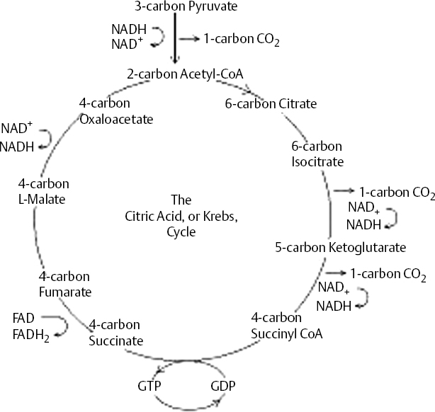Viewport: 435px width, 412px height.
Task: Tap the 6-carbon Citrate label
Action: pos(271,103)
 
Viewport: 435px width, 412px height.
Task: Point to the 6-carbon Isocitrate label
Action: pos(317,154)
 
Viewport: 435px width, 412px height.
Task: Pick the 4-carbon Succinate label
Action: pos(116,333)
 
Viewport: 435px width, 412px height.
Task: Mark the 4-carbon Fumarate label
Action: pos(66,283)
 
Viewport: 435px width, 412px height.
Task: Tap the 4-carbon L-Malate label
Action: pos(42,191)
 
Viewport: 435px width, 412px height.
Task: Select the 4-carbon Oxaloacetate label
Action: pos(116,111)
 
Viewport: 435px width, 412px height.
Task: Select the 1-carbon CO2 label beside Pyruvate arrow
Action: pos(241,40)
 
